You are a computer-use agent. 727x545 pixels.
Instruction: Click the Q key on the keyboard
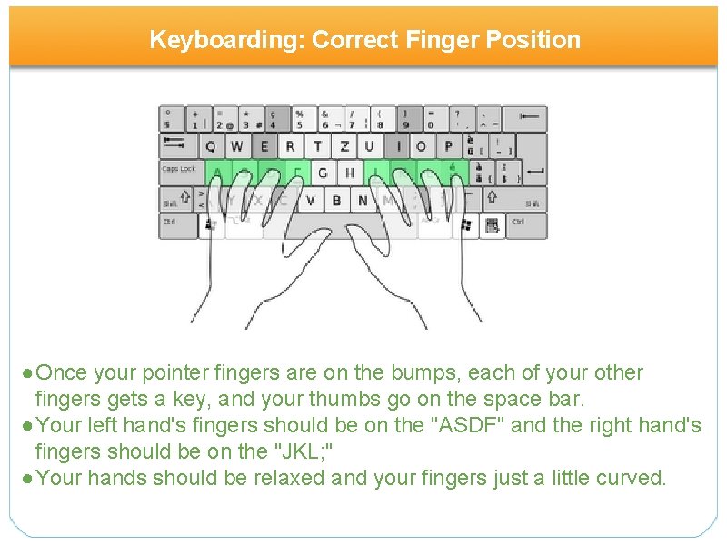pyautogui.click(x=211, y=146)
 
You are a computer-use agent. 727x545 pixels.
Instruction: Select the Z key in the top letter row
pyautogui.click(x=343, y=146)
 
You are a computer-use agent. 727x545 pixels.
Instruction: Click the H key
pyautogui.click(x=350, y=173)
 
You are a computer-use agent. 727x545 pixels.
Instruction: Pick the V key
pyautogui.click(x=310, y=200)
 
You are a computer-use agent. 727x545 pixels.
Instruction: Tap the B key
pyautogui.click(x=336, y=200)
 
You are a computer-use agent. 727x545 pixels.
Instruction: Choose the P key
pyautogui.click(x=448, y=146)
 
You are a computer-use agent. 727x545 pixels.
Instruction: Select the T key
pyautogui.click(x=316, y=146)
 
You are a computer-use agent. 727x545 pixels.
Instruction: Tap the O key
pyautogui.click(x=422, y=146)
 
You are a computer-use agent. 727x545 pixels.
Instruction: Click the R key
pyautogui.click(x=290, y=146)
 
